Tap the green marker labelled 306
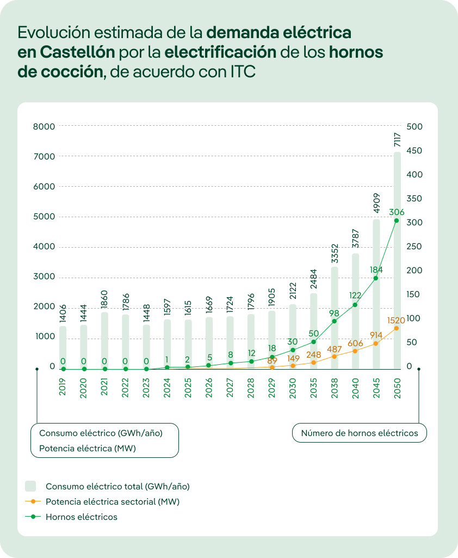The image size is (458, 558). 397,220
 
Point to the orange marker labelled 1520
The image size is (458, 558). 397,328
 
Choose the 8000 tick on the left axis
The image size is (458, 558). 45,127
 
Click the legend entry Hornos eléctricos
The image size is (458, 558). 82,517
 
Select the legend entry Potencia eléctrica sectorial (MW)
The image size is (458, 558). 112,501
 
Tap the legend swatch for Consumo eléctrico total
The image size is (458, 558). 31,486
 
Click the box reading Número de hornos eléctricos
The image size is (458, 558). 360,433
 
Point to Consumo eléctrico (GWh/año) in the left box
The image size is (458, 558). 101,433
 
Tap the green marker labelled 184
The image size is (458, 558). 376,278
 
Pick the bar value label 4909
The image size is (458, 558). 376,205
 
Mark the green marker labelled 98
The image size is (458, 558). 334,321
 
